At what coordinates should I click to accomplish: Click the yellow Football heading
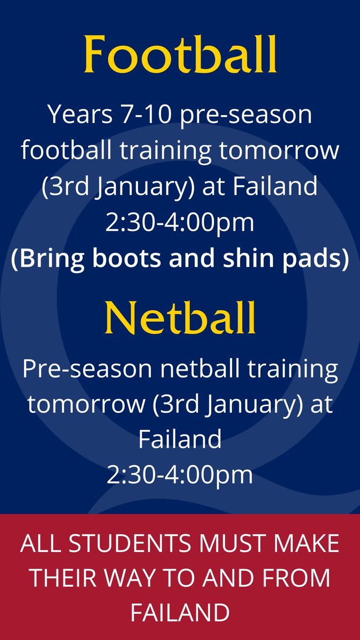click(x=180, y=54)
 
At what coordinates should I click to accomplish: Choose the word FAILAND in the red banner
click(x=180, y=613)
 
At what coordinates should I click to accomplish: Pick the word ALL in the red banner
click(x=39, y=544)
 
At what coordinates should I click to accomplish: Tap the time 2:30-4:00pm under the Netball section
click(x=180, y=475)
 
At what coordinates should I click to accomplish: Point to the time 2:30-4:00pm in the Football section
click(x=180, y=222)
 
